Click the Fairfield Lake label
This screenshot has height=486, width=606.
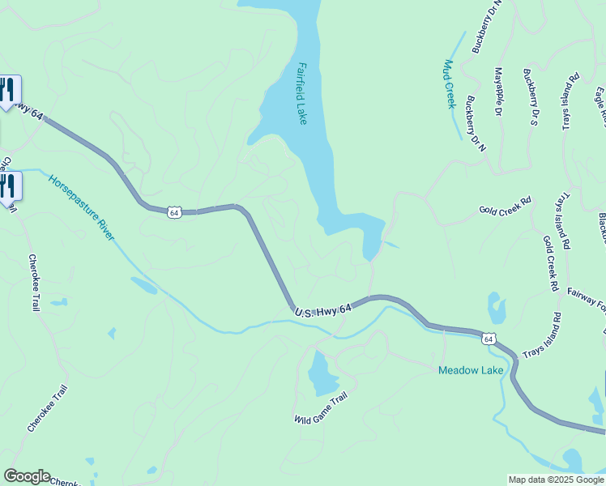coord(302,94)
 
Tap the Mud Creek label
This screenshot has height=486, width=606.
coord(450,84)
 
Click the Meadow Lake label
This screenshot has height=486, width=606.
coord(471,371)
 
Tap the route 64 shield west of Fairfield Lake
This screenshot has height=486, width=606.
coord(174,212)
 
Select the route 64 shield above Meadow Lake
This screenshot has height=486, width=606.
coord(489,339)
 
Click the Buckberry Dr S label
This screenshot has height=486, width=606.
coord(531,97)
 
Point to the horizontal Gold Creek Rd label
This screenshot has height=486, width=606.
coord(505,204)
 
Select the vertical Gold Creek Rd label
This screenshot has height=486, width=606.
coord(551,264)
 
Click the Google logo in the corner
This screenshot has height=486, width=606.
coord(27,476)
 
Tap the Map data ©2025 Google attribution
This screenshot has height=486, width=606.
coord(557,480)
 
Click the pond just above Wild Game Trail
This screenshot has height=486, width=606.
coord(322,373)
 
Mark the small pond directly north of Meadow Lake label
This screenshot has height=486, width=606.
coord(497,309)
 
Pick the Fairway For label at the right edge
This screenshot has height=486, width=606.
coord(587,303)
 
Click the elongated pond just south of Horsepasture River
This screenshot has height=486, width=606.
coord(144,286)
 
